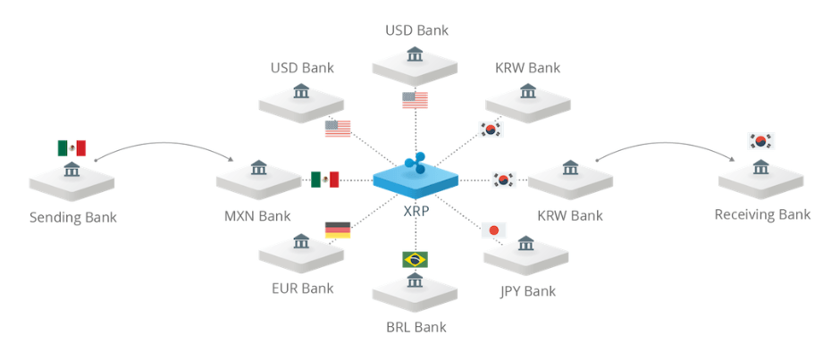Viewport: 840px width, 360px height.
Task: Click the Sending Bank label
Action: coord(73,217)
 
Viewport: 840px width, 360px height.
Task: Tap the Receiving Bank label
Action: coord(762,214)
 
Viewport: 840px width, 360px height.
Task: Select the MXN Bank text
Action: coord(257,216)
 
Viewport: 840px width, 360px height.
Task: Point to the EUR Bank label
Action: coord(302,288)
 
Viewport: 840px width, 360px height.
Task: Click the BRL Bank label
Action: coord(416,327)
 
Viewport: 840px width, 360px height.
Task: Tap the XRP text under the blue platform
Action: coord(416,211)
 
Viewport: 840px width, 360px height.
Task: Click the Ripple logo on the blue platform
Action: coord(416,163)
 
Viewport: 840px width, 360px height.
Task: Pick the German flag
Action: coord(338,230)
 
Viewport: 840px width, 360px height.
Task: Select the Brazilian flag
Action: coord(415,260)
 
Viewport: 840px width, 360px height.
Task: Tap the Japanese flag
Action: coord(492,230)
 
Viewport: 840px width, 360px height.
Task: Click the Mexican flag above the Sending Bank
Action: coord(71,147)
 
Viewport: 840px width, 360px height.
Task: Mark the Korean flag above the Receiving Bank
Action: coord(761,140)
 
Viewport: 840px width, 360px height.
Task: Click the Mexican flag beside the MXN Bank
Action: coord(325,180)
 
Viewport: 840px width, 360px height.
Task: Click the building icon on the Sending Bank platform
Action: coord(71,170)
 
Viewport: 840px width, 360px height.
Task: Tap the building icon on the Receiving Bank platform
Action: coord(761,167)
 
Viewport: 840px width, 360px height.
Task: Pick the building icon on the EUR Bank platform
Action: coord(302,241)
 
